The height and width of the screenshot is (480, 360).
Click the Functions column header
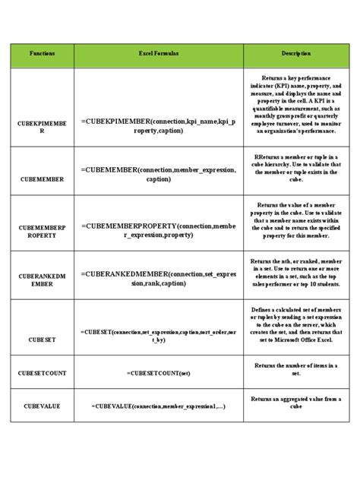click(x=43, y=55)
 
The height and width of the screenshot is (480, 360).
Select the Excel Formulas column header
click(x=159, y=55)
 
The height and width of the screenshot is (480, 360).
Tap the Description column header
click(x=296, y=55)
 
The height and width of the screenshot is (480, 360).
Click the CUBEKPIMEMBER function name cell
click(x=43, y=126)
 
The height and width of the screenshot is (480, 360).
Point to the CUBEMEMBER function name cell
click(x=43, y=180)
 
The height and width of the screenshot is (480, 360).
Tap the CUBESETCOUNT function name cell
click(x=43, y=374)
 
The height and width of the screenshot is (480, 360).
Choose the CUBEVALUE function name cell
click(x=43, y=406)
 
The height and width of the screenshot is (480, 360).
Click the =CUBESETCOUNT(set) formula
click(x=159, y=374)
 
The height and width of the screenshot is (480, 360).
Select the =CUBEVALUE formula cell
click(x=159, y=406)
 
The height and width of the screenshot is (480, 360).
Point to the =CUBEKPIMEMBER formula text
click(x=159, y=126)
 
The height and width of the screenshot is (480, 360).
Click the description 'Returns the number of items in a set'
click(x=296, y=369)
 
